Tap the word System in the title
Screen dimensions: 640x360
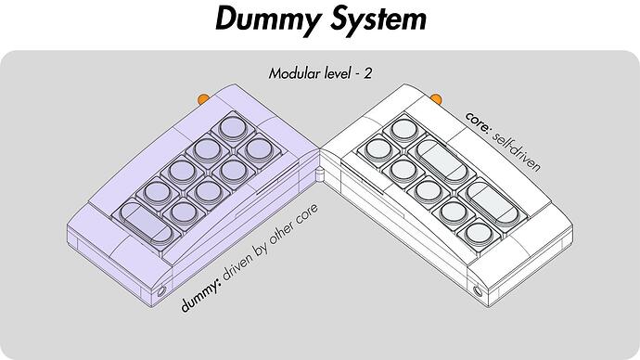[378, 20]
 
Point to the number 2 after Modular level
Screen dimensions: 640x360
[368, 73]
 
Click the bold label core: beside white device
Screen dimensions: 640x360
[477, 122]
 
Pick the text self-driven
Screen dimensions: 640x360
[517, 150]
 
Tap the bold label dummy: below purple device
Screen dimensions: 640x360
[201, 296]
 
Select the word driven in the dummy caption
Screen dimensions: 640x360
[238, 266]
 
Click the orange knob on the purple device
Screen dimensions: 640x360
[203, 98]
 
